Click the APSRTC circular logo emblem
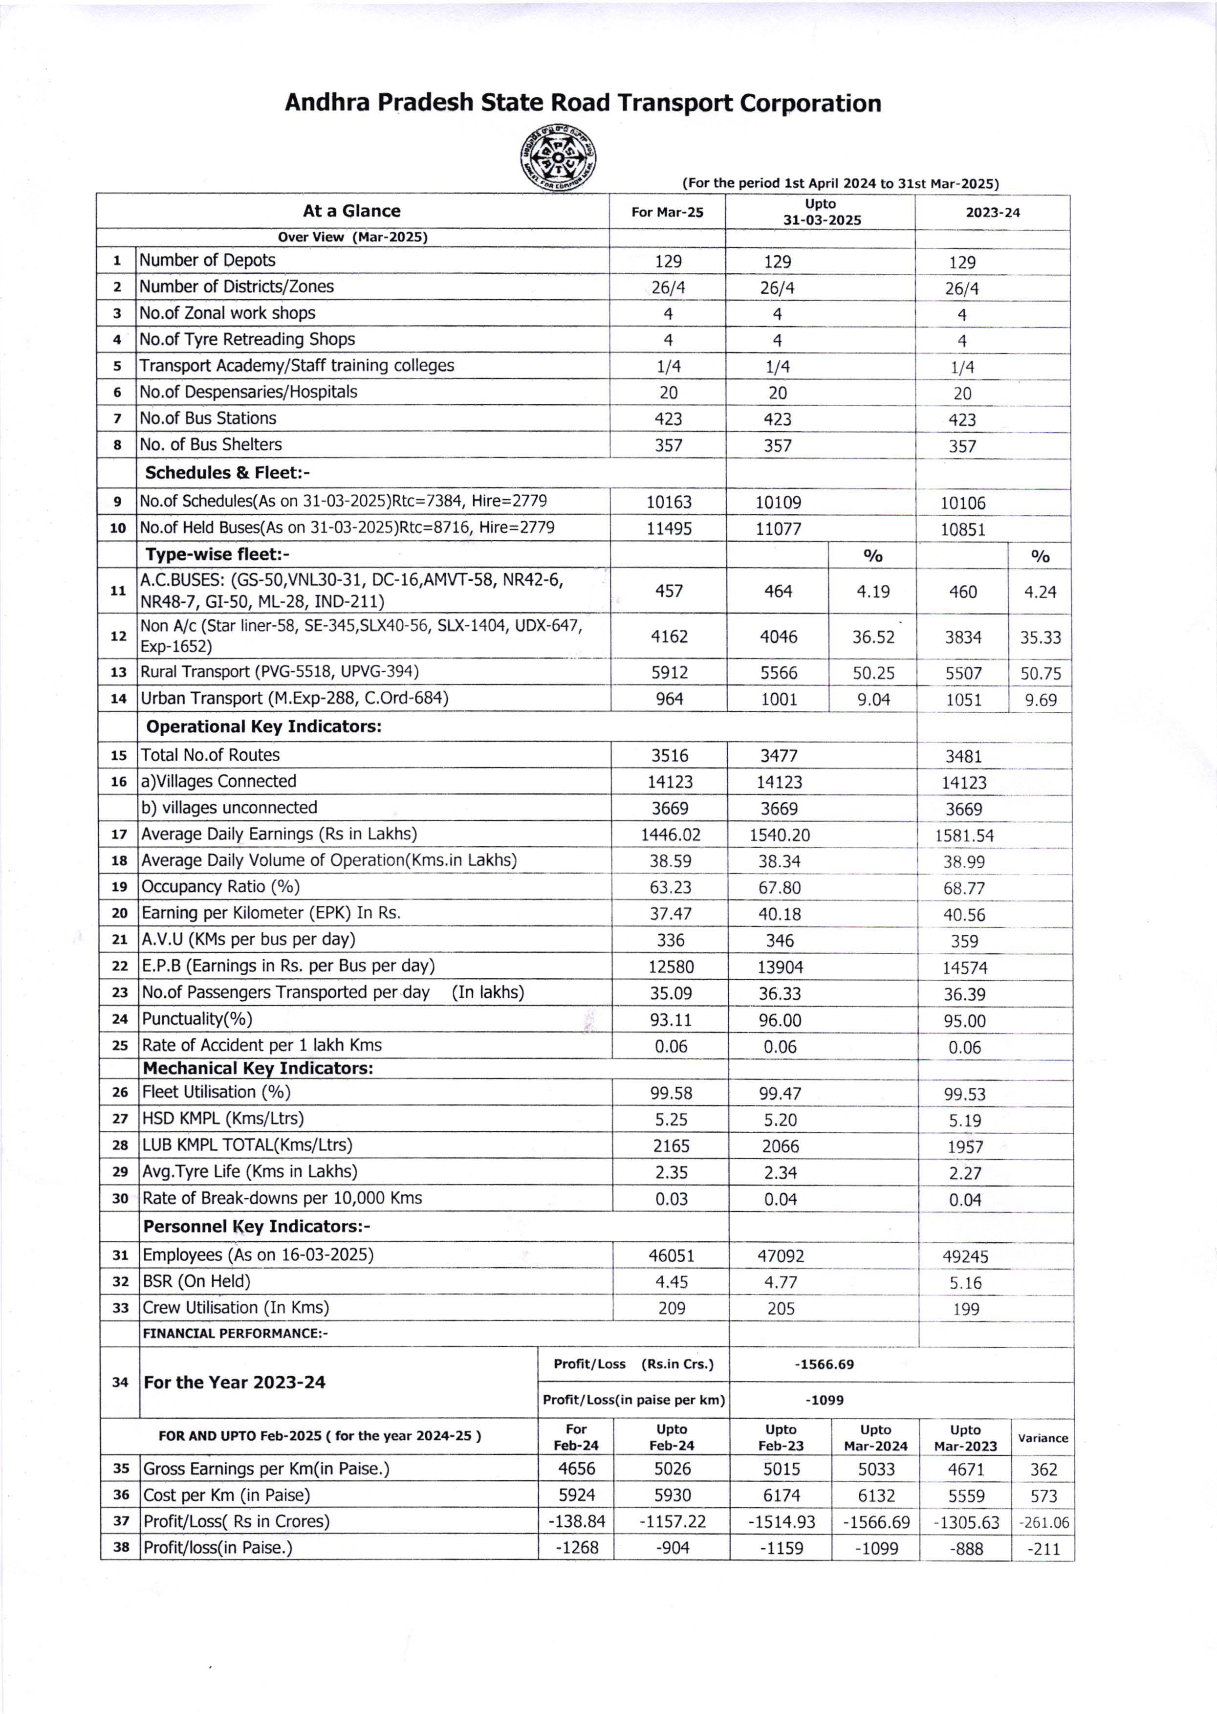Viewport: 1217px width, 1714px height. (x=558, y=157)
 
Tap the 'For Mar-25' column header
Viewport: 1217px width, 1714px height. (x=667, y=212)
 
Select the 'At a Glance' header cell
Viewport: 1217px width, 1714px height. (x=351, y=211)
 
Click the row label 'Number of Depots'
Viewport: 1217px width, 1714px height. (x=208, y=260)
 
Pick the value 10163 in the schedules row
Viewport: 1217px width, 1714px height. (x=669, y=502)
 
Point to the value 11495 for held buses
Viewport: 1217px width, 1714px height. (x=669, y=528)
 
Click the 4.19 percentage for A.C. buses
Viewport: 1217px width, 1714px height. (x=873, y=592)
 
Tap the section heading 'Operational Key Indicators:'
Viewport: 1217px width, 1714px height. (x=264, y=726)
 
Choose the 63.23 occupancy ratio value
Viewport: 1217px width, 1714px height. (x=670, y=887)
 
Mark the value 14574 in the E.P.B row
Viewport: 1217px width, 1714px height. (x=964, y=967)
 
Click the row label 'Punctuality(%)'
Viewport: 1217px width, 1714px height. (x=197, y=1018)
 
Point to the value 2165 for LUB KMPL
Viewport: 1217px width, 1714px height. (x=671, y=1146)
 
